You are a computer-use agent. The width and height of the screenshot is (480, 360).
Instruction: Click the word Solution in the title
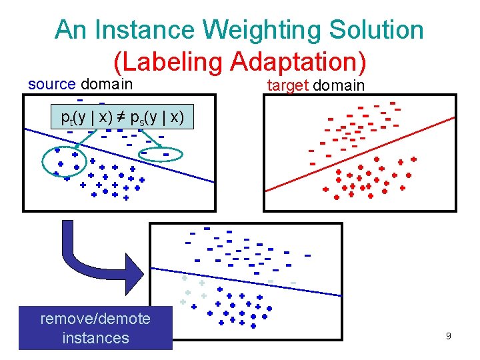380,29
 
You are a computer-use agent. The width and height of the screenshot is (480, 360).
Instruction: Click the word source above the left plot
52,85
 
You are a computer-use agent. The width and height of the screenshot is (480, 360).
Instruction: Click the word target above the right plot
287,85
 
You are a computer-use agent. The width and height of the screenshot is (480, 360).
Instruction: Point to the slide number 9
449,336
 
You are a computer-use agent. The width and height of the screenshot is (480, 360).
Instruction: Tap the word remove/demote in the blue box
95,318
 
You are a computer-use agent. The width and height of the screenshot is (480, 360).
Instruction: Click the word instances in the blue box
95,338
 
